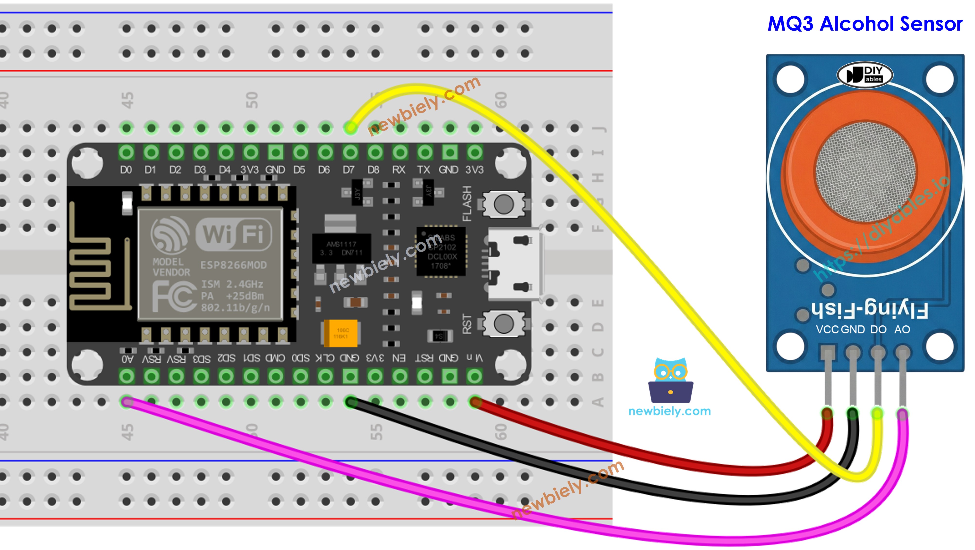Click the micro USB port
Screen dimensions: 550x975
(x=515, y=264)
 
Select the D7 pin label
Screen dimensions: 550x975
(x=349, y=170)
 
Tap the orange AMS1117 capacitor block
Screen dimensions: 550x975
(x=341, y=333)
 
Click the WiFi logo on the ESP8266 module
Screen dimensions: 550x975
(x=233, y=234)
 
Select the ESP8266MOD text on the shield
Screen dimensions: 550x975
(x=233, y=265)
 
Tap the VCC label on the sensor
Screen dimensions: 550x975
(x=827, y=330)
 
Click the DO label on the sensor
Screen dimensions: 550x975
(x=878, y=330)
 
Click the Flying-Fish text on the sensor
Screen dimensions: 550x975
(x=869, y=309)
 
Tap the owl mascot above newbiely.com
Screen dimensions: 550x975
(x=670, y=380)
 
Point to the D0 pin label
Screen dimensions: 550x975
(x=126, y=170)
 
